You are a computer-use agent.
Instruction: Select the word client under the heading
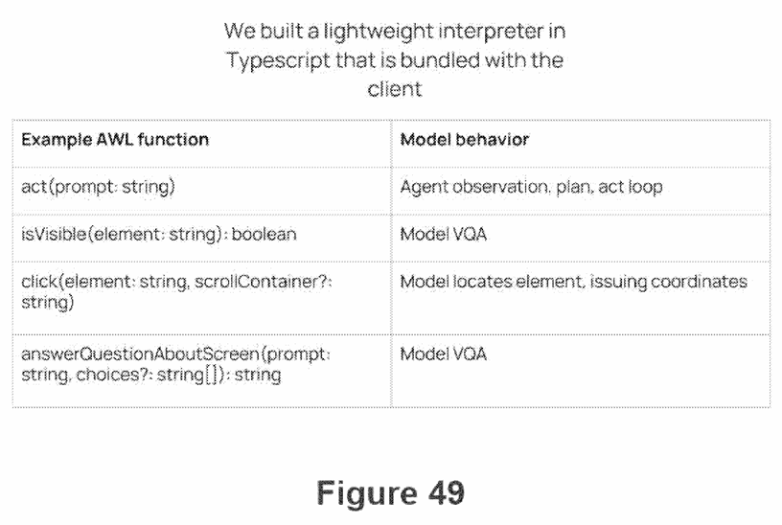pyautogui.click(x=395, y=89)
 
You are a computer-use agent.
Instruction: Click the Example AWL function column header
pyautogui.click(x=115, y=140)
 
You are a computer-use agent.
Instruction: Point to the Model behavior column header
pyautogui.click(x=464, y=140)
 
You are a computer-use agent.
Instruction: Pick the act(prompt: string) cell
pyautogui.click(x=99, y=187)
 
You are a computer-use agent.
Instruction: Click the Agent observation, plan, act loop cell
pyautogui.click(x=531, y=187)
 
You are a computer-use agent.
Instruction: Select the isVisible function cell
pyautogui.click(x=158, y=235)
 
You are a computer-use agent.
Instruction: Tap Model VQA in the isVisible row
pyautogui.click(x=444, y=235)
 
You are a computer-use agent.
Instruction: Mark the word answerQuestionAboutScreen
pyautogui.click(x=140, y=354)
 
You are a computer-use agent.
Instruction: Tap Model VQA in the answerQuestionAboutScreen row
pyautogui.click(x=444, y=354)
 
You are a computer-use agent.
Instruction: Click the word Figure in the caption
pyautogui.click(x=366, y=494)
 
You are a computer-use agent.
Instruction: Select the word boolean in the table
pyautogui.click(x=264, y=235)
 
